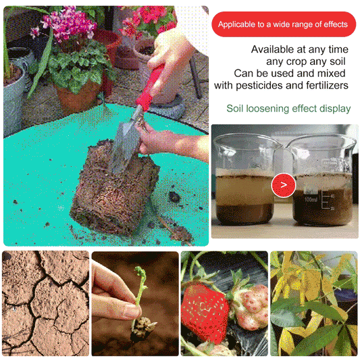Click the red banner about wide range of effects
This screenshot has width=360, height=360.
point(284,24)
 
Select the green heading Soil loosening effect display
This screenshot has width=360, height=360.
point(288,108)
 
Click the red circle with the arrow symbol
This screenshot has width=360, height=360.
point(283,184)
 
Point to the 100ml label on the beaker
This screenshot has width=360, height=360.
point(310,200)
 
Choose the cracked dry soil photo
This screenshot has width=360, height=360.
point(45,303)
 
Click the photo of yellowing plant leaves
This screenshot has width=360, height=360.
point(313,303)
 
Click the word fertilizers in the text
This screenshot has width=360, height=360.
point(326,86)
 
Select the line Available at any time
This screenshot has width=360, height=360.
point(299,49)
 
